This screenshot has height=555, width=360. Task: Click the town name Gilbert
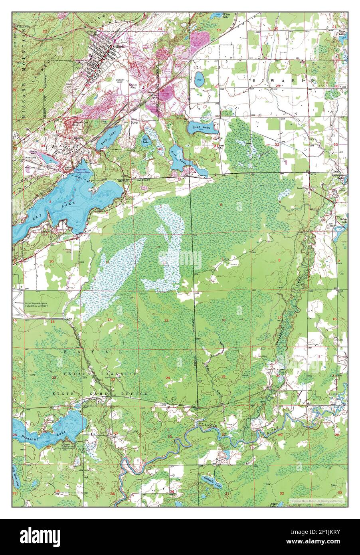coord(119,46)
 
